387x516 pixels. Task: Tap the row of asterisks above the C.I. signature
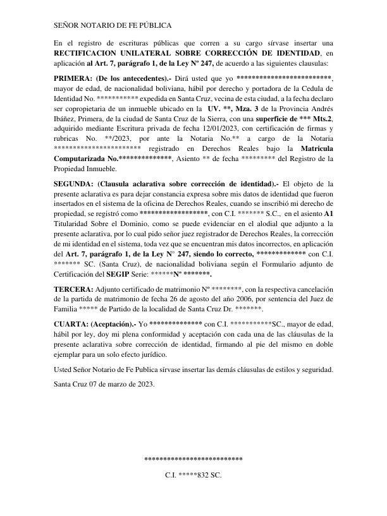tap(193, 459)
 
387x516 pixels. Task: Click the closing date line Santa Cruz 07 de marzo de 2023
tap(104, 383)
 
